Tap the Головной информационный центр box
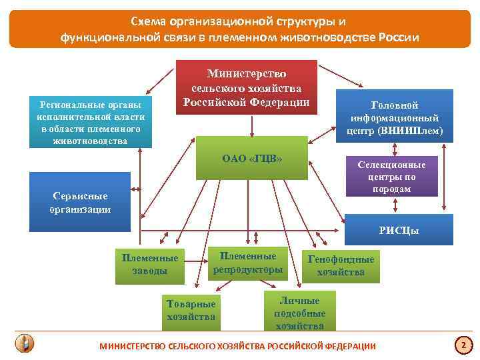pos(394,117)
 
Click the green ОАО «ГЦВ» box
pos(251,159)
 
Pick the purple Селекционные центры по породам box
pos(391,177)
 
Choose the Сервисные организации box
pos(80,202)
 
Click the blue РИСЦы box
pos(398,231)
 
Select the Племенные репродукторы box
pos(247,263)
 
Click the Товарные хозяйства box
pos(191,310)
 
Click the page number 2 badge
pos(462,345)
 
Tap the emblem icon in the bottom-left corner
pos(25,343)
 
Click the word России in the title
pos(399,37)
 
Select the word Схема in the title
pos(146,21)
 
